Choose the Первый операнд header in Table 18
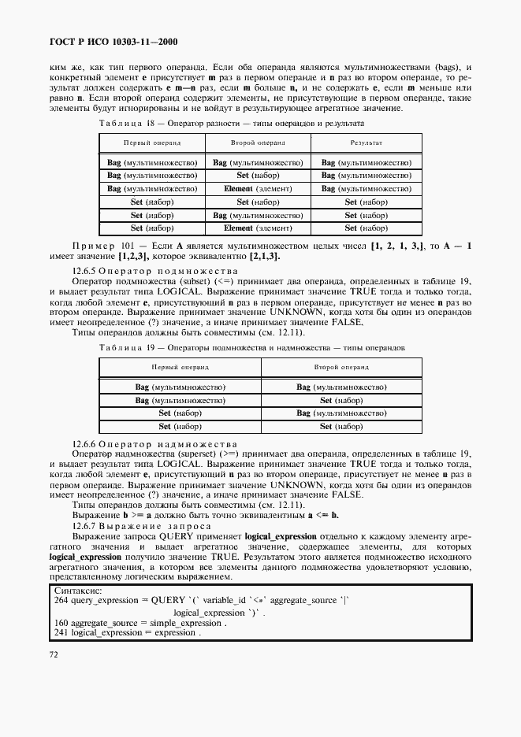152,143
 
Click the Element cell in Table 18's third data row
258,189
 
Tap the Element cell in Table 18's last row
258,228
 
